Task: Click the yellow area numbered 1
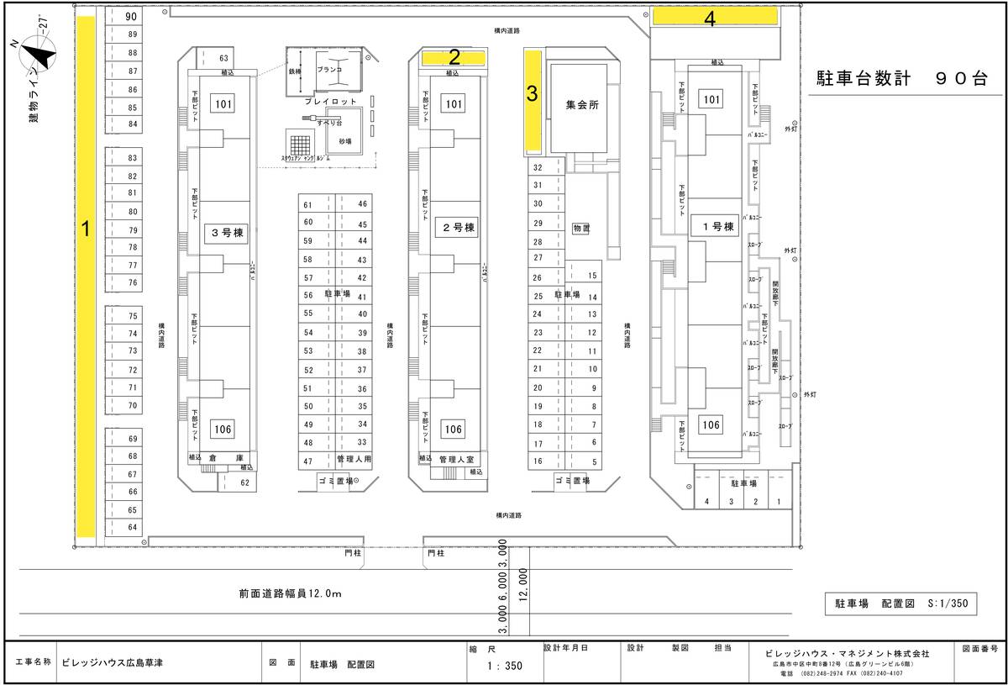[x=86, y=277]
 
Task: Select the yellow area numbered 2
[x=454, y=58]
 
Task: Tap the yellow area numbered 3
[x=533, y=101]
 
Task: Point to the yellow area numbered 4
[x=714, y=17]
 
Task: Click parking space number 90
[x=130, y=17]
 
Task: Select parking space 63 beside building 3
[x=223, y=59]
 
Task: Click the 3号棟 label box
[x=227, y=234]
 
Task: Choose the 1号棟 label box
[x=712, y=227]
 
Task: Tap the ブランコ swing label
[x=329, y=71]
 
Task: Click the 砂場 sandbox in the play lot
[x=345, y=141]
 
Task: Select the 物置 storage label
[x=581, y=228]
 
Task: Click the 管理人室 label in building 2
[x=457, y=460]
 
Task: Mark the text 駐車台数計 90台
[x=901, y=79]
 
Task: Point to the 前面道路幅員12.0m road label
[x=290, y=594]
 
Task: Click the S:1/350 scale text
[x=948, y=603]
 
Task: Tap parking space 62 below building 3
[x=244, y=482]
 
